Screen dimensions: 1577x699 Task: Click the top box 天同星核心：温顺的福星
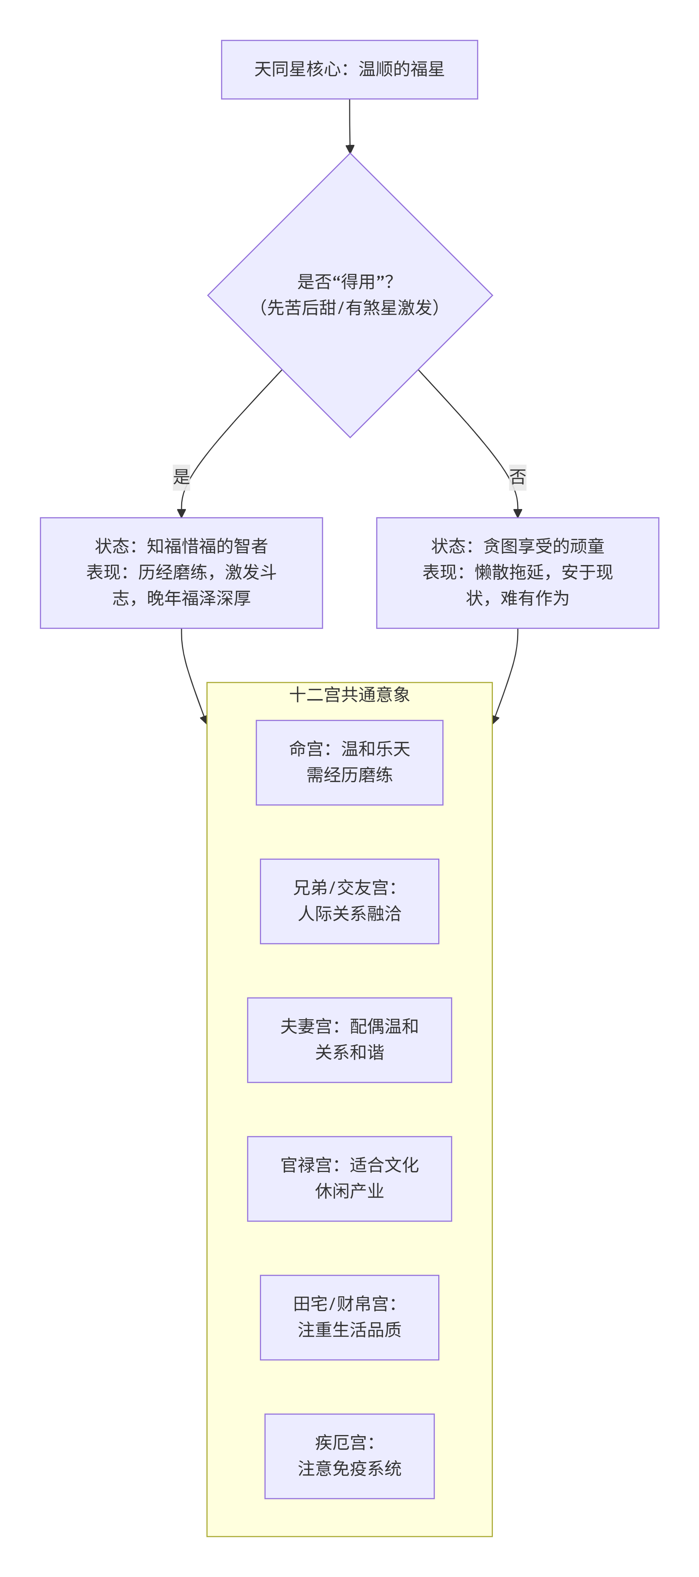pos(349,69)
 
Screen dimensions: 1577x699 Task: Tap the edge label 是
pos(181,476)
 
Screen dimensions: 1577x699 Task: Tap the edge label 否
pos(518,476)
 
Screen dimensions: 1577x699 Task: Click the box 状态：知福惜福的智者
pos(181,572)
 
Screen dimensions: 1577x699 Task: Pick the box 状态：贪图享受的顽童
pos(518,572)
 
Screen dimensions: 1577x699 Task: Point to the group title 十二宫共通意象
pos(349,694)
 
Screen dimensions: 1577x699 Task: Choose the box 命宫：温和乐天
pos(349,762)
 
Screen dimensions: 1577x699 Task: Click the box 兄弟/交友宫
pos(349,901)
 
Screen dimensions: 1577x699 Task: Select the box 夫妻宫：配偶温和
pos(349,1039)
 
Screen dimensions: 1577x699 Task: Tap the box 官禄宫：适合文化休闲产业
pos(349,1179)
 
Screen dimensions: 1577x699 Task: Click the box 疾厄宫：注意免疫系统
pos(349,1456)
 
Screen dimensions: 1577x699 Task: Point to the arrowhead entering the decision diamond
pos(350,149)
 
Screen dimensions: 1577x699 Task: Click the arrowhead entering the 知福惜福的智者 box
pos(181,513)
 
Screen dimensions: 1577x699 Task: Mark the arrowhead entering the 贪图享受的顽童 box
pos(518,513)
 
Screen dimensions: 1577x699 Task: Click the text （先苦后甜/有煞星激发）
pos(349,307)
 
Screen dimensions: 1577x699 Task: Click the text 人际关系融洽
pos(349,913)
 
